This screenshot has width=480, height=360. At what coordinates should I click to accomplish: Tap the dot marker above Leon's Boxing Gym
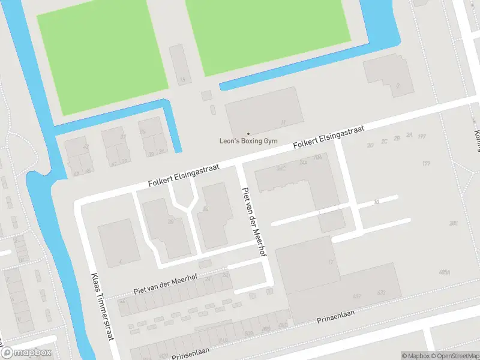pyautogui.click(x=248, y=133)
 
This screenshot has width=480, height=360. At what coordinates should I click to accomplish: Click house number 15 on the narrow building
pyautogui.click(x=182, y=80)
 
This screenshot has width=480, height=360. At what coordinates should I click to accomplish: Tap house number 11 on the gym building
pyautogui.click(x=283, y=122)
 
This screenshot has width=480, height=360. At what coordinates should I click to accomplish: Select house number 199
pyautogui.click(x=427, y=163)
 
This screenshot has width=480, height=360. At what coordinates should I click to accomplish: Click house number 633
pyautogui.click(x=381, y=293)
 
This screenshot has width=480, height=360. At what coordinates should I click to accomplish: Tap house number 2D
pyautogui.click(x=370, y=145)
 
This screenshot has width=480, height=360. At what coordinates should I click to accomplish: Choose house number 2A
pyautogui.click(x=409, y=136)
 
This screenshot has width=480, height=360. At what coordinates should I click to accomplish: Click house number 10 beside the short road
pyautogui.click(x=376, y=203)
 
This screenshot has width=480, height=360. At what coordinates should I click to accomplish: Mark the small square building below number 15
pyautogui.click(x=206, y=95)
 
